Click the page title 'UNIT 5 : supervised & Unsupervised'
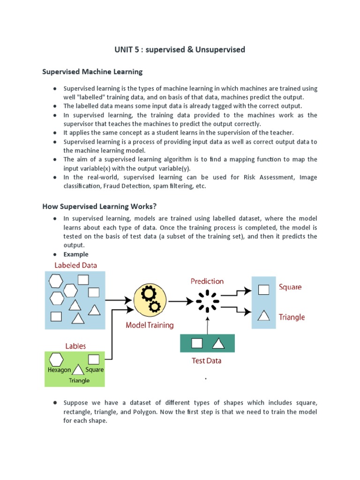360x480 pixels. pyautogui.click(x=180, y=49)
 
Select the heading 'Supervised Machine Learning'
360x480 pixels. pyautogui.click(x=92, y=72)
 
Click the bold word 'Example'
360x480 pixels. pyautogui.click(x=76, y=254)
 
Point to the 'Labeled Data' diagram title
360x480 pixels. pyautogui.click(x=76, y=265)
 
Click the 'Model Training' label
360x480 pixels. pyautogui.click(x=150, y=325)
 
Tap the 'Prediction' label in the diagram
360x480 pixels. pyautogui.click(x=207, y=281)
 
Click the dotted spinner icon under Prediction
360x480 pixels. pyautogui.click(x=207, y=300)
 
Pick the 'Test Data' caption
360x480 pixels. pyautogui.click(x=207, y=360)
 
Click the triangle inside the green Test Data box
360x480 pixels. pyautogui.click(x=218, y=344)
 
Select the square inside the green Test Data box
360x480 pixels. pyautogui.click(x=197, y=344)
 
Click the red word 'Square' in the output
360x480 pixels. pyautogui.click(x=290, y=287)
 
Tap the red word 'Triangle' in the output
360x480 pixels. pyautogui.click(x=292, y=317)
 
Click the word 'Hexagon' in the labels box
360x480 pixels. pyautogui.click(x=59, y=370)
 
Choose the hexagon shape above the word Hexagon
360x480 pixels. pyautogui.click(x=57, y=360)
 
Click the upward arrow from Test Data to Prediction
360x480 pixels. pyautogui.click(x=207, y=323)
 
